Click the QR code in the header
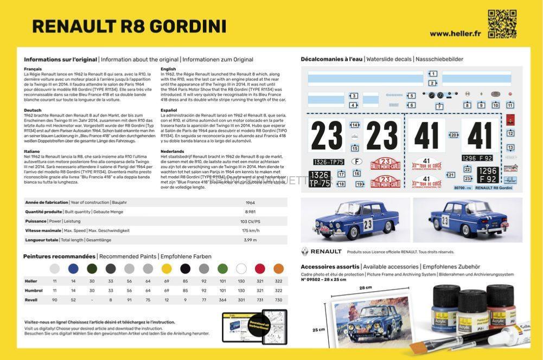tap(502, 24)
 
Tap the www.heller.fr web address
tap(455, 34)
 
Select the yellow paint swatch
tap(167, 268)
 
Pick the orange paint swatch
tap(278, 268)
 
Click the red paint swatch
tap(260, 268)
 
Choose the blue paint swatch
tap(73, 268)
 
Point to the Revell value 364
tap(222, 300)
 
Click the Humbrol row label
tap(33, 291)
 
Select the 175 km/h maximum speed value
tap(250, 230)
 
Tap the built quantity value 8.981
tap(250, 212)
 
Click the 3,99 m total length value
tap(250, 240)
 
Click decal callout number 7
tap(439, 107)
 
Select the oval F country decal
tap(356, 161)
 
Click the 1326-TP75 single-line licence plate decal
tap(328, 162)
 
